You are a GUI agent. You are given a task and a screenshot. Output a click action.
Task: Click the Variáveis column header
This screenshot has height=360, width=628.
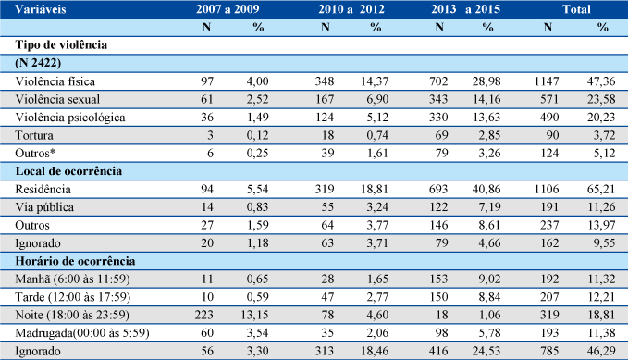41,9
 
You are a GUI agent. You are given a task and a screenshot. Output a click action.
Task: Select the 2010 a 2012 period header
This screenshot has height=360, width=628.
351,9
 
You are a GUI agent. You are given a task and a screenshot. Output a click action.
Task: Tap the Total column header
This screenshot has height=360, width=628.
576,9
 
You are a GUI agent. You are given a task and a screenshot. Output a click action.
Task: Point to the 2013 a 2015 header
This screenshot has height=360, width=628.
465,9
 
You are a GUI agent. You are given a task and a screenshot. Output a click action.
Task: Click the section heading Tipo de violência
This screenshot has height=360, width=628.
61,44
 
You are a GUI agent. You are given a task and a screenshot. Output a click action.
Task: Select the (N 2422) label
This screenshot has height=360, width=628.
38,63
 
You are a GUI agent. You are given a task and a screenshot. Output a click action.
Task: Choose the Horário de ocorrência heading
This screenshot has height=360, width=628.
75,261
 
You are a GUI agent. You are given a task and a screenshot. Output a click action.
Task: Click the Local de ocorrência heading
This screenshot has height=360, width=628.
68,171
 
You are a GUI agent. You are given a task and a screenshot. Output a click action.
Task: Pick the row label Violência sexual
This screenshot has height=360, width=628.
57,99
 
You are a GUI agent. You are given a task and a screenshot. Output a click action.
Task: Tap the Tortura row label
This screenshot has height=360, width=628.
34,135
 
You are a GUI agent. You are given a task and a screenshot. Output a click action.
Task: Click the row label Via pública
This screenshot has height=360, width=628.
44,207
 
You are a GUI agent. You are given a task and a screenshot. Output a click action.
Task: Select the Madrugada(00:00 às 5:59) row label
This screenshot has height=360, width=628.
82,333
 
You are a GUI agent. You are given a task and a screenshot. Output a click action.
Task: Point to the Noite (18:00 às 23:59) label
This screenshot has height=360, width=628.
72,315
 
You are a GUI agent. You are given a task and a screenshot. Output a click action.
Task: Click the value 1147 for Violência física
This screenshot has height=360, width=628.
547,81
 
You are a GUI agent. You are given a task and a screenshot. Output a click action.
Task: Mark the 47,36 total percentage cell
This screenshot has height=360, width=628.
601,81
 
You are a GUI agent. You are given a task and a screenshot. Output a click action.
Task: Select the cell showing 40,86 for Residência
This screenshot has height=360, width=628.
486,189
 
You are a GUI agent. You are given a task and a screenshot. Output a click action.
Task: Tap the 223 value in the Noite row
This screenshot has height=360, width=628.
203,315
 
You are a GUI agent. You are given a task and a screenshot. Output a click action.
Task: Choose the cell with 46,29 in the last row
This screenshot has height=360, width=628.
601,351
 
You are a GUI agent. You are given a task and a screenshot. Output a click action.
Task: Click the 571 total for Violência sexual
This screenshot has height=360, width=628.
549,99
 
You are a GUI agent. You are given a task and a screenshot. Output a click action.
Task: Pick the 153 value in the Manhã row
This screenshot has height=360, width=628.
438,279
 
